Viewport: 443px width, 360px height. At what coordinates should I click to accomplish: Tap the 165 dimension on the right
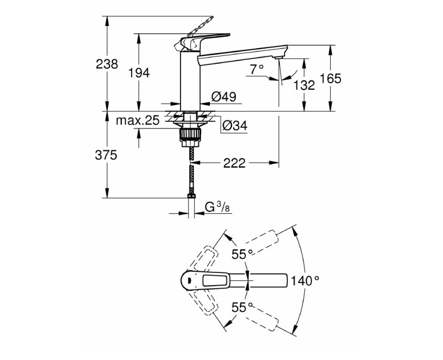click(x=330, y=78)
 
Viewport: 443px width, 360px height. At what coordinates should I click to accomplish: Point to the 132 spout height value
click(x=304, y=85)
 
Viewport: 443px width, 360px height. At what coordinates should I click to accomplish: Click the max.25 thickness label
click(x=137, y=120)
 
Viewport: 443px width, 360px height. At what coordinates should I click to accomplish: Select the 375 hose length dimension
click(x=106, y=156)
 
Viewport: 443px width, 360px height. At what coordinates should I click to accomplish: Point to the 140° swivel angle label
click(x=305, y=281)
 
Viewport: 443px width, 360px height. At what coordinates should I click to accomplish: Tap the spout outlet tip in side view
click(x=279, y=55)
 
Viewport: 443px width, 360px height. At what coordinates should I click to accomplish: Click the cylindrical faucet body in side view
click(x=189, y=78)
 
